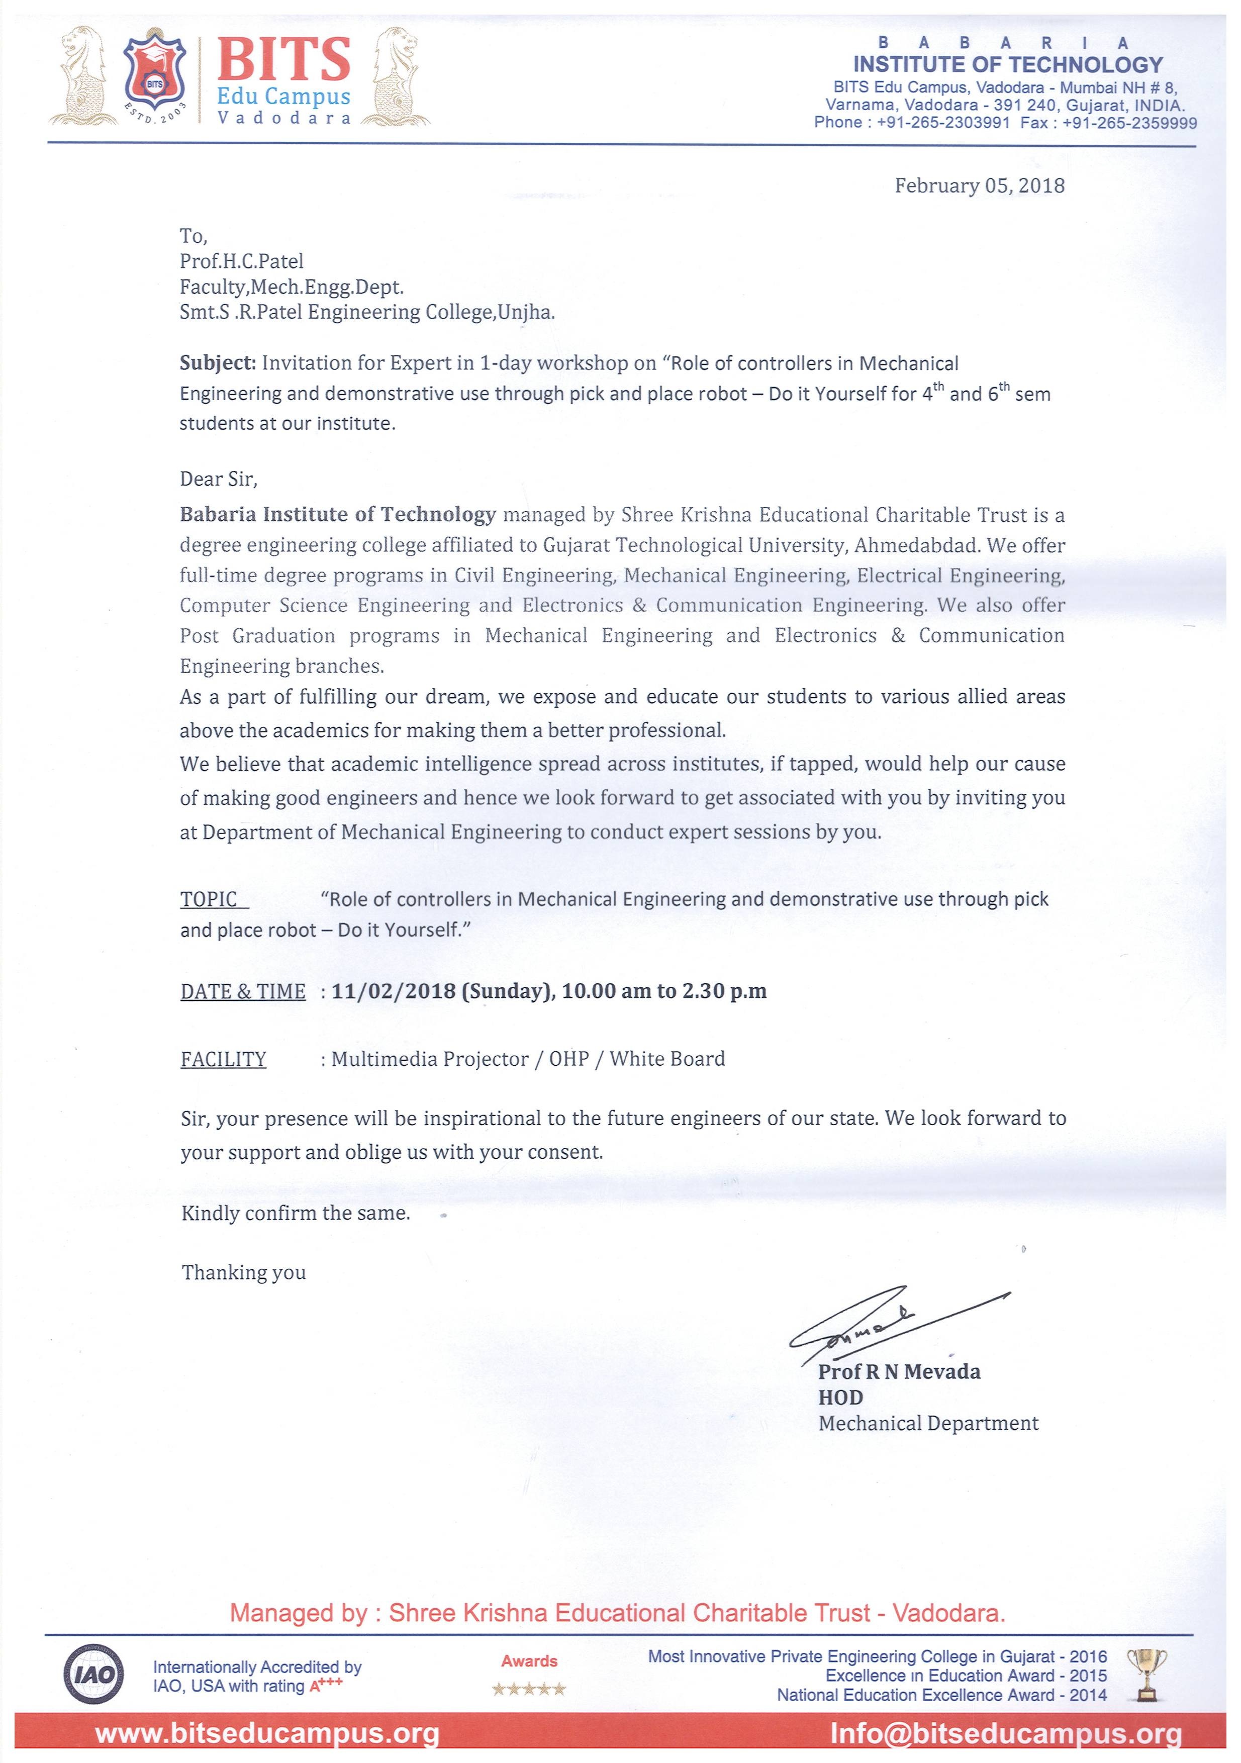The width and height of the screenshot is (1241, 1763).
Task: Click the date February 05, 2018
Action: click(x=979, y=186)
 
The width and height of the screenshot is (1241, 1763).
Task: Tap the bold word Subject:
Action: click(x=217, y=362)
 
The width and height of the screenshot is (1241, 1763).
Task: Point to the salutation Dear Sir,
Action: click(x=219, y=479)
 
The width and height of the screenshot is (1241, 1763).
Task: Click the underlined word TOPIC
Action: click(x=210, y=899)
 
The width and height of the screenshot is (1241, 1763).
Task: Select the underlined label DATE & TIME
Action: click(x=243, y=991)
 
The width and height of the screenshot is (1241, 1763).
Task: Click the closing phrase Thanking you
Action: click(x=243, y=1272)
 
